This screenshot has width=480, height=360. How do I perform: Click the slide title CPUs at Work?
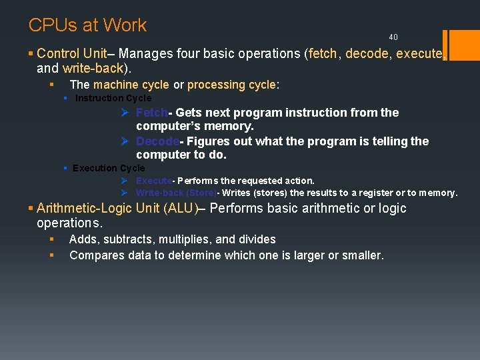click(87, 25)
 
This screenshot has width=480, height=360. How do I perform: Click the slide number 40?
click(393, 37)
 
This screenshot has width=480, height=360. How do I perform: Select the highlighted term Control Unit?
click(67, 53)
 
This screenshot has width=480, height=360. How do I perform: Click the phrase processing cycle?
click(231, 85)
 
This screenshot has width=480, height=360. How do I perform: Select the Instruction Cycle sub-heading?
click(113, 99)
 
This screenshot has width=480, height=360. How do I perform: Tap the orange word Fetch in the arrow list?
click(151, 113)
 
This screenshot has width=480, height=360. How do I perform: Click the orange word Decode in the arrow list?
click(157, 141)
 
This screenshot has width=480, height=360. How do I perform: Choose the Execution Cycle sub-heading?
click(109, 168)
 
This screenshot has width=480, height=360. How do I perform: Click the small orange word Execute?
click(153, 181)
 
